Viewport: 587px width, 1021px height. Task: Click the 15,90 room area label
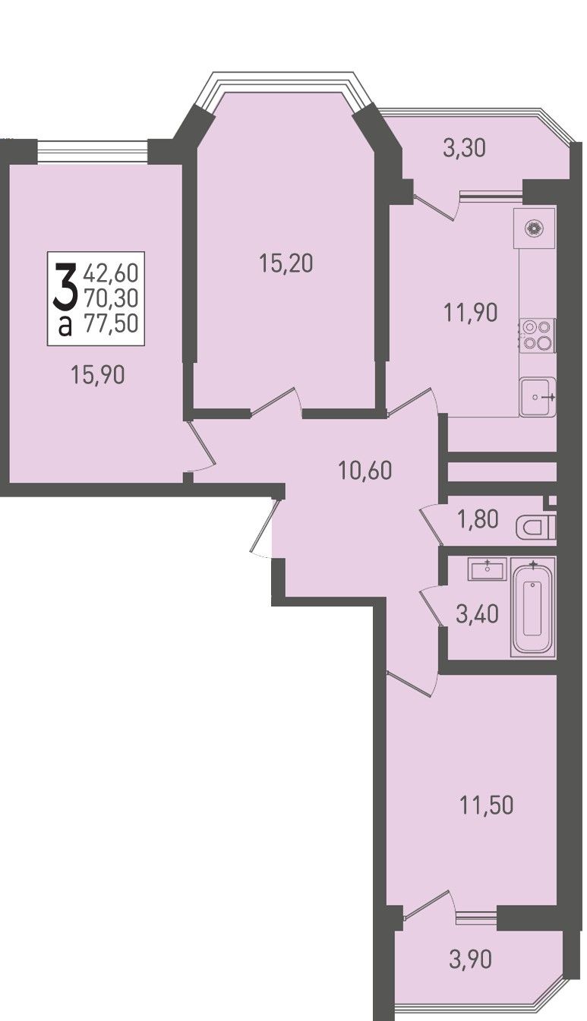(x=98, y=375)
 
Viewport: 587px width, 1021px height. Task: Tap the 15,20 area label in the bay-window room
(x=286, y=263)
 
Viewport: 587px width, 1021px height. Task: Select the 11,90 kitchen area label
(x=470, y=313)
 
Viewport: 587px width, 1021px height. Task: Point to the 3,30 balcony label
(x=464, y=149)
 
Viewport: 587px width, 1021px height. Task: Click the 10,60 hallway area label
(x=365, y=470)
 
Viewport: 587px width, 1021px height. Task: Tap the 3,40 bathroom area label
(x=477, y=614)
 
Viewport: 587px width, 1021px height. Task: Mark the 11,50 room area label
(x=486, y=805)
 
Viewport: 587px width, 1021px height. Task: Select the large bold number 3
(x=65, y=286)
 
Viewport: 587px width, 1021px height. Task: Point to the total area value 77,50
(x=111, y=324)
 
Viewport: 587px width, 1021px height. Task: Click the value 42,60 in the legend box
(x=111, y=273)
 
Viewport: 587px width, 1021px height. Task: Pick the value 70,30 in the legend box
(x=111, y=298)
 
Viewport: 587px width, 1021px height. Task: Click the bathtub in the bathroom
(x=533, y=607)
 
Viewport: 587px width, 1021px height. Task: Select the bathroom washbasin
(x=487, y=569)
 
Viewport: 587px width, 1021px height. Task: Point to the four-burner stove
(x=538, y=335)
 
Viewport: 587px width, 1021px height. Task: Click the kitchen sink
(x=538, y=396)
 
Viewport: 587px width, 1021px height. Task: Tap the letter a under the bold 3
(x=65, y=326)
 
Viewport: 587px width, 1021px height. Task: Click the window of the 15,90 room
(x=93, y=151)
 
